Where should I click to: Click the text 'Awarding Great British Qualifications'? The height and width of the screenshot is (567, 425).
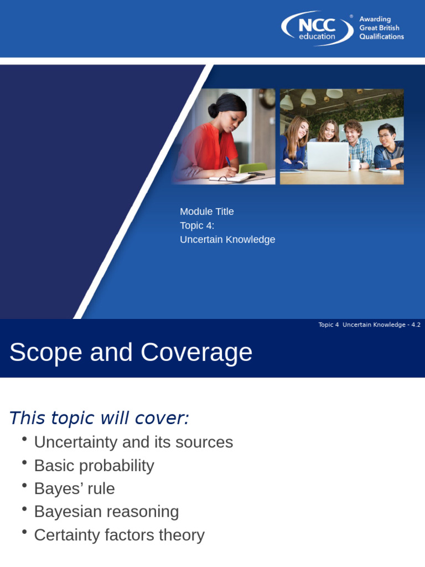click(381, 28)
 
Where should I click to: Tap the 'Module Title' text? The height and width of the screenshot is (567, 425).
click(207, 212)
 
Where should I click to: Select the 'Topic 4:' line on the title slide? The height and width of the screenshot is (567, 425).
click(197, 225)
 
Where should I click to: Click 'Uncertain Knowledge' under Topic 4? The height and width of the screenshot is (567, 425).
click(227, 240)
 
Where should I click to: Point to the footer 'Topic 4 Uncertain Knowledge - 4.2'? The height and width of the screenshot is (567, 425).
click(369, 325)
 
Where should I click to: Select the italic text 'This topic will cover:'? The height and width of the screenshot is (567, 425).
click(99, 418)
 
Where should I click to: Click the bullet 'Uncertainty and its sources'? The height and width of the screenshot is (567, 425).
click(133, 442)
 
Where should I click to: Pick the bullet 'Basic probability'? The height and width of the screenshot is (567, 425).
click(94, 466)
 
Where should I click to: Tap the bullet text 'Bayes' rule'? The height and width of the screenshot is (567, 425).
click(74, 489)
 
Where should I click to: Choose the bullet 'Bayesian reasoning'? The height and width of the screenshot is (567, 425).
click(106, 512)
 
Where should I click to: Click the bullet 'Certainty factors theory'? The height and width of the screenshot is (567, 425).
click(119, 535)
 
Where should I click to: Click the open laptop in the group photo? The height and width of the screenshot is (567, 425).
click(328, 157)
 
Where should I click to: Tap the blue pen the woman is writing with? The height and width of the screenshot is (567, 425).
click(227, 161)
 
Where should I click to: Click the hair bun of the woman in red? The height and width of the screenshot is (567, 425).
click(214, 110)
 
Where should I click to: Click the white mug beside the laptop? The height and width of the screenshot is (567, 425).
click(355, 164)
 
